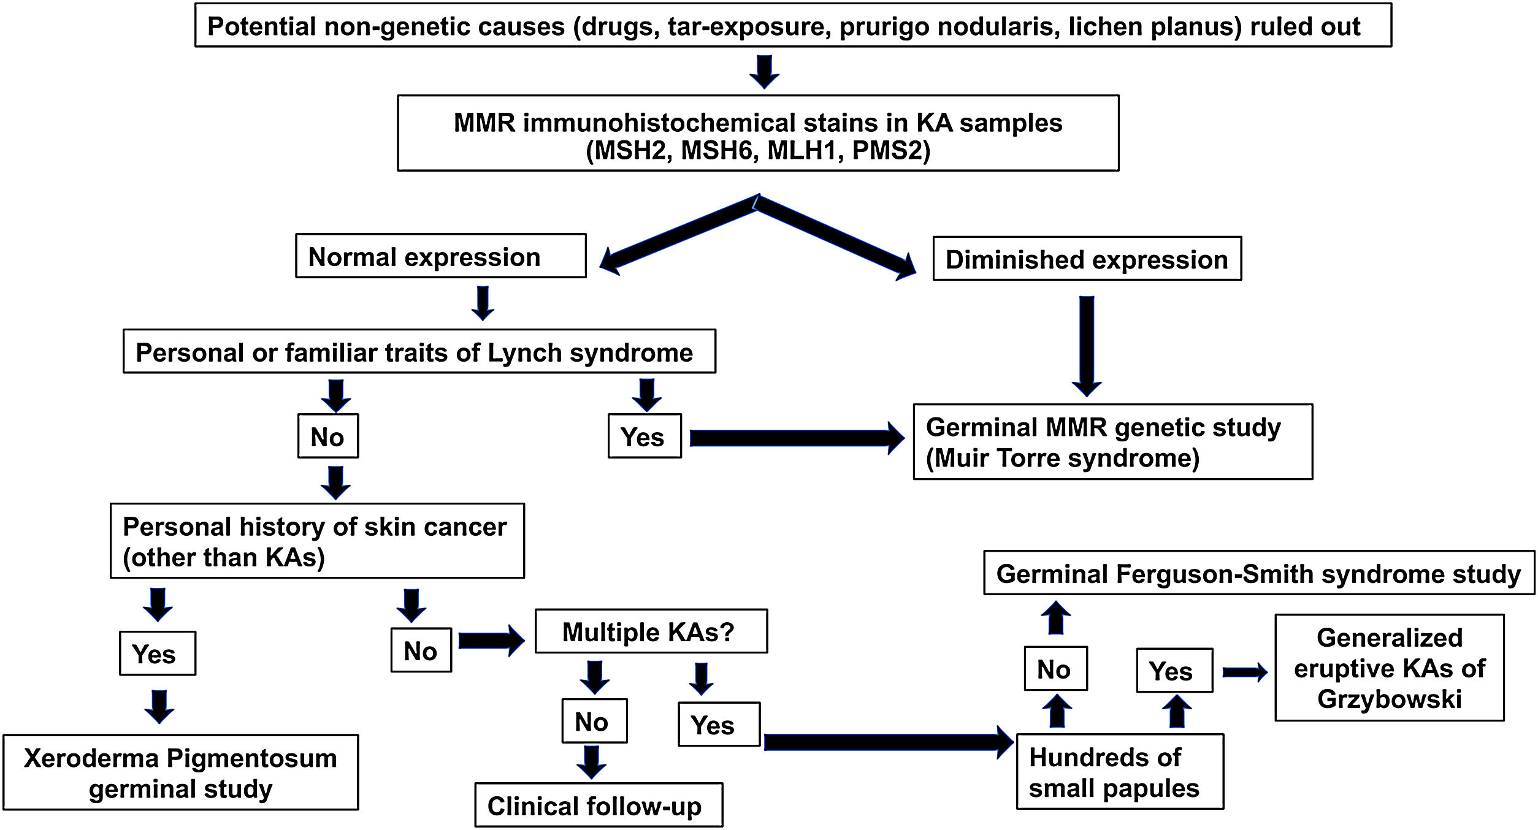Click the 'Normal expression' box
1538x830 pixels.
pyautogui.click(x=440, y=256)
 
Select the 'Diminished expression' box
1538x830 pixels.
pyautogui.click(x=1087, y=259)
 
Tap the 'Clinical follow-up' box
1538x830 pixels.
pyautogui.click(x=598, y=805)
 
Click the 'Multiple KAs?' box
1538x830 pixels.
pyautogui.click(x=651, y=631)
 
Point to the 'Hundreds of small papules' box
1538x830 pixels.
pyautogui.click(x=1119, y=772)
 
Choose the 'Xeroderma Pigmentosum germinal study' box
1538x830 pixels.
pyautogui.click(x=180, y=772)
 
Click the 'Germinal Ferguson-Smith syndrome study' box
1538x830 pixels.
pyautogui.click(x=1258, y=573)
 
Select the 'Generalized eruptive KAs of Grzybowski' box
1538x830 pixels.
pyautogui.click(x=1389, y=668)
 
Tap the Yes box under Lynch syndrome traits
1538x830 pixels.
pyautogui.click(x=644, y=436)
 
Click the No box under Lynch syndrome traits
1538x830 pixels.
pyautogui.click(x=328, y=436)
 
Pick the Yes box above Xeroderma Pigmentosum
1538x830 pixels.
pyautogui.click(x=157, y=653)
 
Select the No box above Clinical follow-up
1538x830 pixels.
pyautogui.click(x=594, y=721)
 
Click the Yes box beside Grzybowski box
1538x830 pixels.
pyautogui.click(x=1174, y=671)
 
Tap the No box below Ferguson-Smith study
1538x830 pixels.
pyautogui.click(x=1055, y=669)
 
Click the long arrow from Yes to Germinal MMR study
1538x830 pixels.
pyautogui.click(x=796, y=438)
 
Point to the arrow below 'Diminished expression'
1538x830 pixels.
pyautogui.click(x=1087, y=346)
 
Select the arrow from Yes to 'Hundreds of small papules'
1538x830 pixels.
pyautogui.click(x=888, y=742)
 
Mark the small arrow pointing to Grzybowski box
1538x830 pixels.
pyautogui.click(x=1244, y=672)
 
